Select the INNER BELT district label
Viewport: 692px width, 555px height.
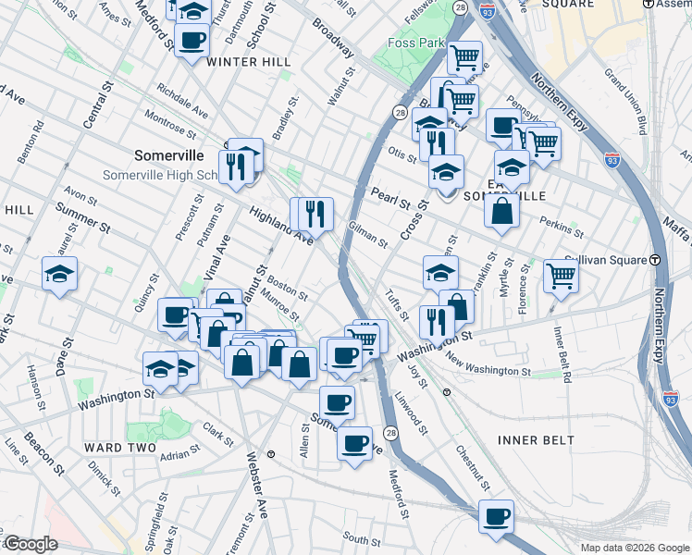(536, 440)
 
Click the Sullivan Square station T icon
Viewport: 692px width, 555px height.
(654, 260)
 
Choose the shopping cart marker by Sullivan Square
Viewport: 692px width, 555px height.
(561, 275)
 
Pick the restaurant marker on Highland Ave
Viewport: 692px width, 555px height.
(312, 214)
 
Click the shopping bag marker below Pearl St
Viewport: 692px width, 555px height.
(500, 210)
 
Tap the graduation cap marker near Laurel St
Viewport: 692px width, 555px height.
(59, 274)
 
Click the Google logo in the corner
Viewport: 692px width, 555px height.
(31, 544)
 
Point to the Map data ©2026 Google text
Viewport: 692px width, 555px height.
(635, 548)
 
